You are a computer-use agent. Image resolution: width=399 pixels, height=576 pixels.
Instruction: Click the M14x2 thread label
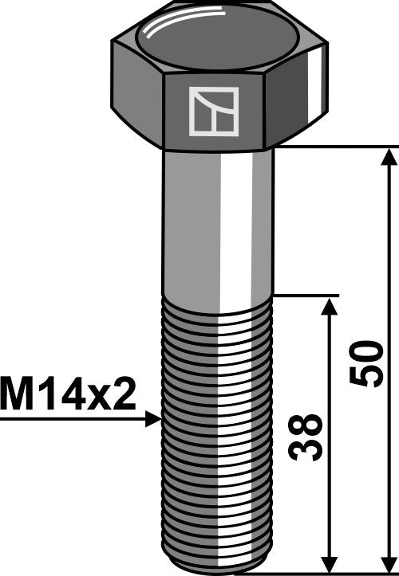69,394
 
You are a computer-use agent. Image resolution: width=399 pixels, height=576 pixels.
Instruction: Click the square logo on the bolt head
213,110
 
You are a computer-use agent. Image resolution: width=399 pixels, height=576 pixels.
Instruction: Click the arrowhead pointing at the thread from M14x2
154,417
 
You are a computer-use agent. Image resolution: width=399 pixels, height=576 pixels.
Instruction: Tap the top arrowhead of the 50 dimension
389,156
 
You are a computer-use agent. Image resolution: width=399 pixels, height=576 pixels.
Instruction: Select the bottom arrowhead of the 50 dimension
389,562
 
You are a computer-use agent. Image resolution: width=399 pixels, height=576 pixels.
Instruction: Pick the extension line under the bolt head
335,147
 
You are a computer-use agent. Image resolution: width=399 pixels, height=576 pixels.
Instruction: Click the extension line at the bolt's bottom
335,571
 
